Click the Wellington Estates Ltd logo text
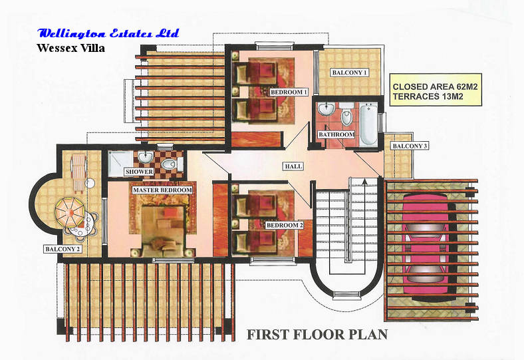coord(108,33)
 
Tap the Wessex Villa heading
coord(71,48)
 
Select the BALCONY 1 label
coord(349,73)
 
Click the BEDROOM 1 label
coord(289,92)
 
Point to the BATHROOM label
coord(336,134)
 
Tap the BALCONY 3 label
coord(410,146)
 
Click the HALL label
coord(293,166)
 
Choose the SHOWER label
coord(139,172)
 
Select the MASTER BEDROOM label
coord(162,190)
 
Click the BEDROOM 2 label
coord(285,226)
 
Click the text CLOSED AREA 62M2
coord(435,87)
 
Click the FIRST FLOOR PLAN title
coord(317,335)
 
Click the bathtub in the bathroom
coord(368,124)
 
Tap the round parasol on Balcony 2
coord(70,212)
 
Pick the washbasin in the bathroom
coord(326,108)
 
